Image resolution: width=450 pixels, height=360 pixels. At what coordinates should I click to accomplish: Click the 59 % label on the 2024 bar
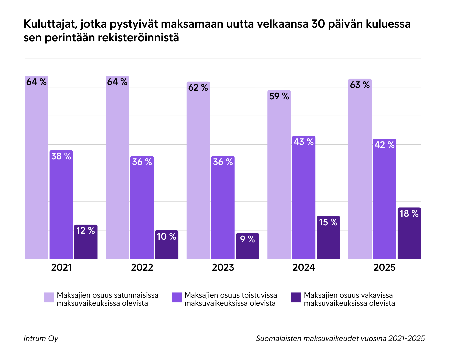[279, 96]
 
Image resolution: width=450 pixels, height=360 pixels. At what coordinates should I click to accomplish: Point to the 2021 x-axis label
[61, 267]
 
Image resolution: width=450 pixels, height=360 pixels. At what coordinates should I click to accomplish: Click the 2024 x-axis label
[304, 267]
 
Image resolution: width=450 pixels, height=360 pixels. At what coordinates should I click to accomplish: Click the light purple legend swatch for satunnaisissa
[49, 297]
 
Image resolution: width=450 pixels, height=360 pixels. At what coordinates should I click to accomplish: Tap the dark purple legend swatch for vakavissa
[296, 297]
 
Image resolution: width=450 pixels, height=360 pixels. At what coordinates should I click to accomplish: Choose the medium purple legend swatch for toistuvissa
[177, 297]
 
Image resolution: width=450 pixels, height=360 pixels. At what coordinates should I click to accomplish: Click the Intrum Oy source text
[41, 338]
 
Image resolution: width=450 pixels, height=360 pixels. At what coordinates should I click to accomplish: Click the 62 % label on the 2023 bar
[198, 88]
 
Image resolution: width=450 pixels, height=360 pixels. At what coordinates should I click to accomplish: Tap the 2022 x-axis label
[142, 267]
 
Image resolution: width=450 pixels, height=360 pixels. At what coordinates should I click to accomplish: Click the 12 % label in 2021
[86, 231]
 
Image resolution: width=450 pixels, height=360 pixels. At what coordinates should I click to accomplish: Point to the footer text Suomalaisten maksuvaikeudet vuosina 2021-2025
[340, 338]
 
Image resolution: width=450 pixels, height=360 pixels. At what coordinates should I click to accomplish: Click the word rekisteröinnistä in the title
[138, 38]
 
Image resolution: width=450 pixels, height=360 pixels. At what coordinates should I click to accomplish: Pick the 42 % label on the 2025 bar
[384, 145]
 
